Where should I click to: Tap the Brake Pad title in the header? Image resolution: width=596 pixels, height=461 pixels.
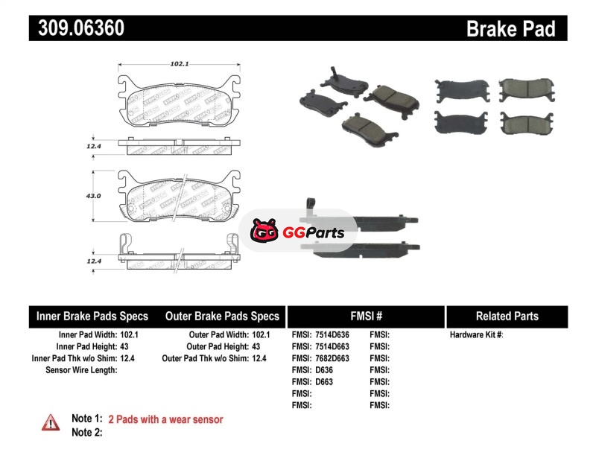pyautogui.click(x=510, y=29)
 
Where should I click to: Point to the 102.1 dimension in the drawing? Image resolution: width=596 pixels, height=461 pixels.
pyautogui.click(x=178, y=64)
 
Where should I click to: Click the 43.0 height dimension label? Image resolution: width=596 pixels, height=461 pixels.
pyautogui.click(x=93, y=196)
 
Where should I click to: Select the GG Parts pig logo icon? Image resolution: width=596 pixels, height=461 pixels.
pyautogui.click(x=264, y=232)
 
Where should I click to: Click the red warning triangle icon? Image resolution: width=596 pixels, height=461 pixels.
pyautogui.click(x=51, y=422)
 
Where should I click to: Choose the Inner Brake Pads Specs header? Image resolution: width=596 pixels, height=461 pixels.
pyautogui.click(x=92, y=317)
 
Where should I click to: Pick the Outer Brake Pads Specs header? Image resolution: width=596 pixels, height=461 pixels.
pyautogui.click(x=222, y=317)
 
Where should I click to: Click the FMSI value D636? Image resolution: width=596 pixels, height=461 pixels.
pyautogui.click(x=324, y=370)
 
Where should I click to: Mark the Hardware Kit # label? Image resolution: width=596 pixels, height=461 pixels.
pyautogui.click(x=476, y=335)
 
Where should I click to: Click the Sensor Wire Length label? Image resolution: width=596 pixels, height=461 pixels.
pyautogui.click(x=81, y=370)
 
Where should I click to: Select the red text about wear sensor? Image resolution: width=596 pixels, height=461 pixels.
pyautogui.click(x=165, y=419)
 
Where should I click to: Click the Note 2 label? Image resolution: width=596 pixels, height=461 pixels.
pyautogui.click(x=86, y=432)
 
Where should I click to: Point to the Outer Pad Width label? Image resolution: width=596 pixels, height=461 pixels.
pyautogui.click(x=218, y=335)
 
